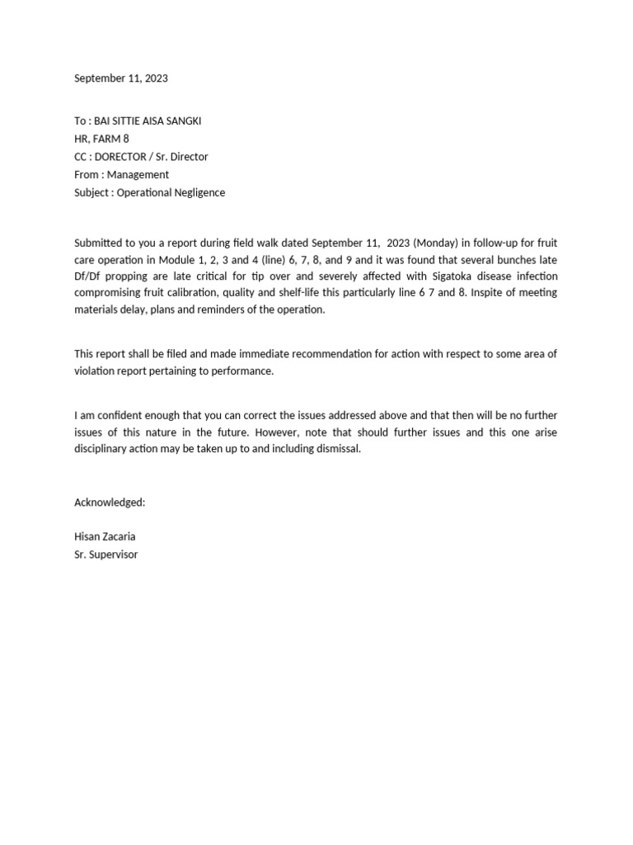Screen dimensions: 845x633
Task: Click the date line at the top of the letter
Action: [121, 78]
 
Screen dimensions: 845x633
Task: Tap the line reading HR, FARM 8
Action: [101, 139]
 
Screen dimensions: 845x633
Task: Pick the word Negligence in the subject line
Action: [198, 193]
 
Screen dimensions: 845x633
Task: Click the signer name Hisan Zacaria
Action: [105, 536]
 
